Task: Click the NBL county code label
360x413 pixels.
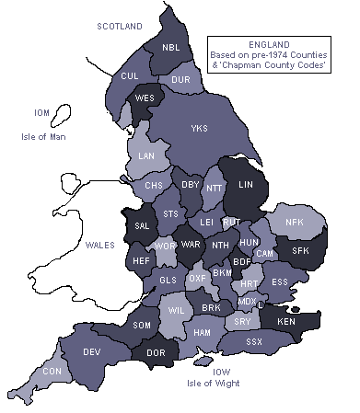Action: pos(171,48)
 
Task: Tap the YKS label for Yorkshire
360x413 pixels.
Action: pos(199,128)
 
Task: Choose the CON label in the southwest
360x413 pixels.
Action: pos(52,371)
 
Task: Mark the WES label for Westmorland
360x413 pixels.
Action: pos(145,98)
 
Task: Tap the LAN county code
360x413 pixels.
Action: pos(146,157)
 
